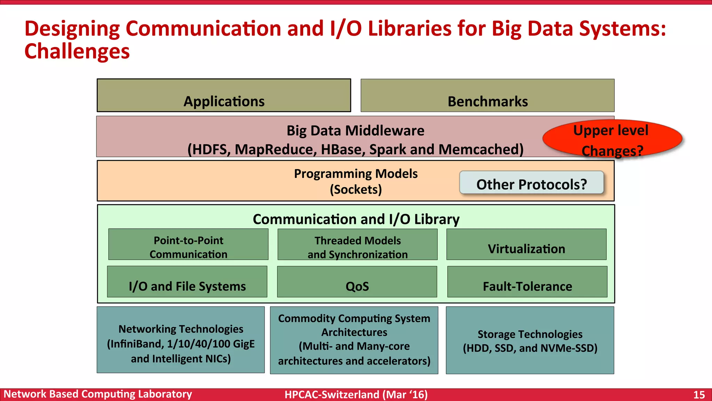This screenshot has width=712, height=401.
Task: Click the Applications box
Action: (x=224, y=95)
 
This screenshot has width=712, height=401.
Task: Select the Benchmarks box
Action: (x=487, y=95)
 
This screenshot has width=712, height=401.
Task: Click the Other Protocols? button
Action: (x=531, y=183)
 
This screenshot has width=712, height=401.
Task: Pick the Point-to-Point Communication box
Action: (x=188, y=244)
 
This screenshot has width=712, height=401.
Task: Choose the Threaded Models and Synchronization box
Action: (x=357, y=244)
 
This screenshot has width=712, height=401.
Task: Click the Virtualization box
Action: (x=526, y=244)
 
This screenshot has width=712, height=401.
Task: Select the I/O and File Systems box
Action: (x=187, y=282)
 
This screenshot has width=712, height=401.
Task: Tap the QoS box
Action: (x=357, y=282)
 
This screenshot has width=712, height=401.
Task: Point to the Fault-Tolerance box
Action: (x=527, y=282)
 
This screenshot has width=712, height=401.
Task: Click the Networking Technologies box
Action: (x=181, y=340)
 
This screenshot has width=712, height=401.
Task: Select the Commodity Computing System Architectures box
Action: (x=354, y=340)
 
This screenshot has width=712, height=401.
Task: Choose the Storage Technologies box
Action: (x=530, y=340)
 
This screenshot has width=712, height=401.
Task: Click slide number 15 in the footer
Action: (x=699, y=395)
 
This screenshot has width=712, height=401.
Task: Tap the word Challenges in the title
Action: (x=77, y=52)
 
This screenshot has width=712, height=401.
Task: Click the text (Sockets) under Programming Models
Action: (x=356, y=190)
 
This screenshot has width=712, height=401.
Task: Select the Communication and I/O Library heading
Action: (x=356, y=219)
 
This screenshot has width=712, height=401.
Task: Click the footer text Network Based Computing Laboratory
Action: (x=98, y=394)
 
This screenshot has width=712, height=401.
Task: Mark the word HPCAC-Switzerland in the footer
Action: (x=332, y=395)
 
